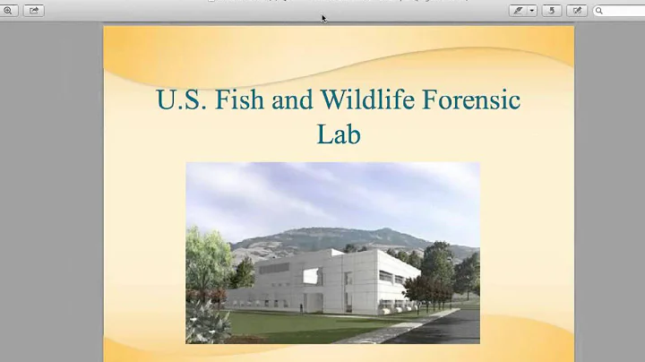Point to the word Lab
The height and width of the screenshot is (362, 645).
point(338,134)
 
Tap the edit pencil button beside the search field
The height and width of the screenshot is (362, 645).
point(577,11)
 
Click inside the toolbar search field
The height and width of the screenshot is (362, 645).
point(623,11)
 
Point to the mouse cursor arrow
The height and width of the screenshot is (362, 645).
point(323,17)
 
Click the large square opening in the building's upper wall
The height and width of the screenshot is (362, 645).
point(311,275)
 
